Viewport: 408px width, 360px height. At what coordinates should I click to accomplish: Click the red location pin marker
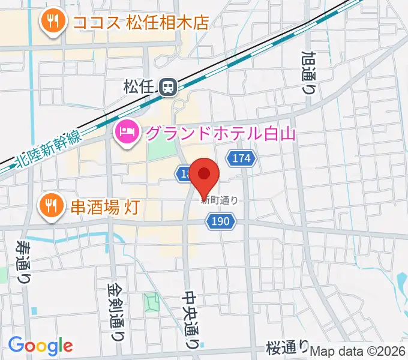(204, 175)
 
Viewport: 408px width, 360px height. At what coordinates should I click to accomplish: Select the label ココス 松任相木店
(140, 23)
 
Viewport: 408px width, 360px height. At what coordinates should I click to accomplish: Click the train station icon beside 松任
(170, 88)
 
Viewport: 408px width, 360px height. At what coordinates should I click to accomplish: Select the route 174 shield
(241, 159)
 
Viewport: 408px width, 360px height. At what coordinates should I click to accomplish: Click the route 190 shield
(221, 222)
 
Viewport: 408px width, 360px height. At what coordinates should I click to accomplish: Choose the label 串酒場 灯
(106, 208)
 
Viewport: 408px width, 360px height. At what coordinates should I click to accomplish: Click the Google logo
(40, 346)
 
